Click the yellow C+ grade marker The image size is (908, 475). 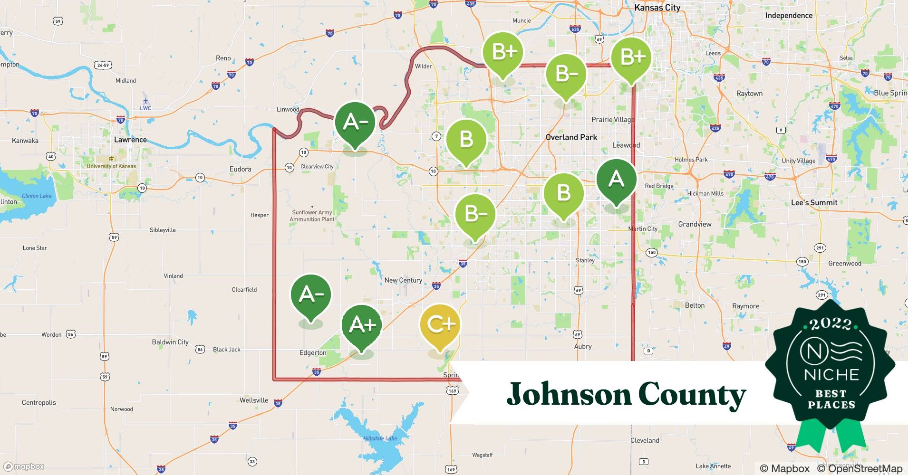[x=440, y=325]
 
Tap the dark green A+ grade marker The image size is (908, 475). [x=362, y=325]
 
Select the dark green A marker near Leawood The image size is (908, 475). [x=617, y=180]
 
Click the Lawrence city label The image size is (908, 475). [x=130, y=140]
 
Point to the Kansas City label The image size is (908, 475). [x=657, y=8]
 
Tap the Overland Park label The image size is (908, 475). [x=571, y=137]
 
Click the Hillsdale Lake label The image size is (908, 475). [x=380, y=438]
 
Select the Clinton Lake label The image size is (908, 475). [x=37, y=196]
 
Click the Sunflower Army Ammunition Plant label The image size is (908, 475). [x=312, y=216]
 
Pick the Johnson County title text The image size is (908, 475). [x=626, y=394]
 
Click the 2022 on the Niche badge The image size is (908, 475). [x=831, y=324]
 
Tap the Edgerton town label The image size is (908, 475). [x=313, y=352]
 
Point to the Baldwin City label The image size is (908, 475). [x=170, y=342]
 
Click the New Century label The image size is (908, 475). [x=403, y=280]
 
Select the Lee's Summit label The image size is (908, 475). [x=814, y=202]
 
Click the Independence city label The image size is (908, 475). [x=789, y=15]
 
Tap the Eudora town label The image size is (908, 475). [x=240, y=169]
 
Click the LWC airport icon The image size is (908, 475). [x=145, y=101]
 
